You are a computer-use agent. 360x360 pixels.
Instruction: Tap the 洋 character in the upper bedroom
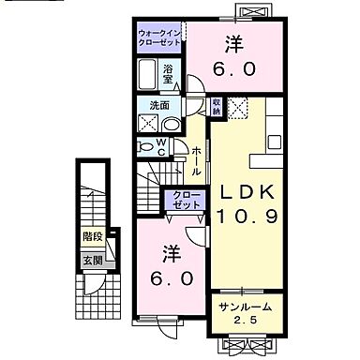click(x=233, y=43)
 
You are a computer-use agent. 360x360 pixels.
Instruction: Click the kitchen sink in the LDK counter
click(x=276, y=142)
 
